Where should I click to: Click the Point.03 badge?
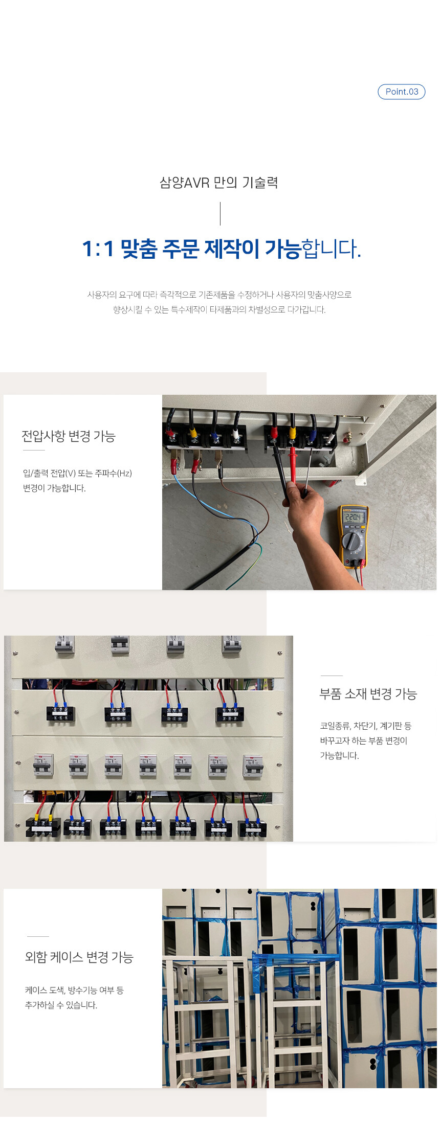tap(402, 92)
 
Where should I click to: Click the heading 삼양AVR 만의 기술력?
tap(219, 183)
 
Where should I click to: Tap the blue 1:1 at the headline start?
tap(98, 249)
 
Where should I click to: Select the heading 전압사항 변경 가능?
tap(69, 436)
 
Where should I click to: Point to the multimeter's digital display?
tap(354, 517)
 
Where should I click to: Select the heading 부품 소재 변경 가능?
tap(368, 694)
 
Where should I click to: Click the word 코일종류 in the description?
tap(335, 726)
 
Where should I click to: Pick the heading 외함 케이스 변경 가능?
tap(79, 957)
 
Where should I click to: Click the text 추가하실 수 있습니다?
tap(61, 1005)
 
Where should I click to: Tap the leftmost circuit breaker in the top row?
tap(65, 644)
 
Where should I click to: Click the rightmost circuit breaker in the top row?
tap(231, 644)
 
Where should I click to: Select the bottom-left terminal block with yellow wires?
tap(43, 827)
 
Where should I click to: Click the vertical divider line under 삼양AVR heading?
tap(220, 214)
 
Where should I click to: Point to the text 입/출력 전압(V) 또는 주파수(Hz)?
tap(77, 474)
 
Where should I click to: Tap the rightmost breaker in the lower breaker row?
tap(253, 766)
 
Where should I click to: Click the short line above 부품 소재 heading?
tap(332, 676)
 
